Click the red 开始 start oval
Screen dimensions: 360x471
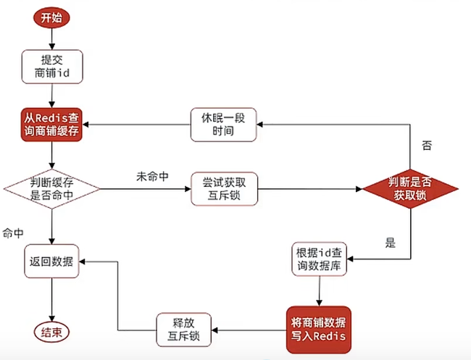pyautogui.click(x=52, y=18)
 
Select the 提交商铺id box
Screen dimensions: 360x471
pyautogui.click(x=52, y=66)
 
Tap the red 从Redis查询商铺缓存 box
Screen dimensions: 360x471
pyautogui.click(x=52, y=126)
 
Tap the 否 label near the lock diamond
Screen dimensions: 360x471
pyautogui.click(x=427, y=146)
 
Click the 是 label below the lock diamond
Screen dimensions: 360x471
pyautogui.click(x=391, y=243)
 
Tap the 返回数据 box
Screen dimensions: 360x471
pyautogui.click(x=52, y=262)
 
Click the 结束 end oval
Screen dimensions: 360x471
pyautogui.click(x=52, y=332)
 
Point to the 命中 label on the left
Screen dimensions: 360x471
pyautogui.click(x=13, y=233)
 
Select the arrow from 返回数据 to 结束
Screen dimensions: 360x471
pyautogui.click(x=52, y=301)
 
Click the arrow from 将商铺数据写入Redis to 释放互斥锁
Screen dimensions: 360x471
pyautogui.click(x=246, y=330)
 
